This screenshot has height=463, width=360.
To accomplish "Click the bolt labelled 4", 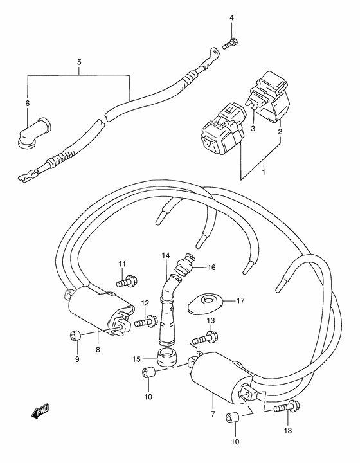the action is point(230,44).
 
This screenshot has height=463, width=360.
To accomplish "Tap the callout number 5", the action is point(79,62).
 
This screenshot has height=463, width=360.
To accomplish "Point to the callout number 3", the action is point(253,129).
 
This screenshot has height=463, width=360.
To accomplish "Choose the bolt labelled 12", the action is point(146,321).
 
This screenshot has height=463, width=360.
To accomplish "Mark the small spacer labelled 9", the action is point(75,336).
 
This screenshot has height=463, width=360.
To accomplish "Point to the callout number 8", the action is point(98,350).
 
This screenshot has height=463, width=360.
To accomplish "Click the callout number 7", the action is point(213,413).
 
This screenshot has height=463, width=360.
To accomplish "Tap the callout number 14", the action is point(166,255).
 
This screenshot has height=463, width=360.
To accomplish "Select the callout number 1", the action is point(264,172).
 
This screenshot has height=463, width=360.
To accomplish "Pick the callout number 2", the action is point(280,131).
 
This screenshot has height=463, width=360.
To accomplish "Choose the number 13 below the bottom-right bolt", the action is point(288,430).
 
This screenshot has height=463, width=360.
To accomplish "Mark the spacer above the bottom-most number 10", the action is point(231,418).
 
